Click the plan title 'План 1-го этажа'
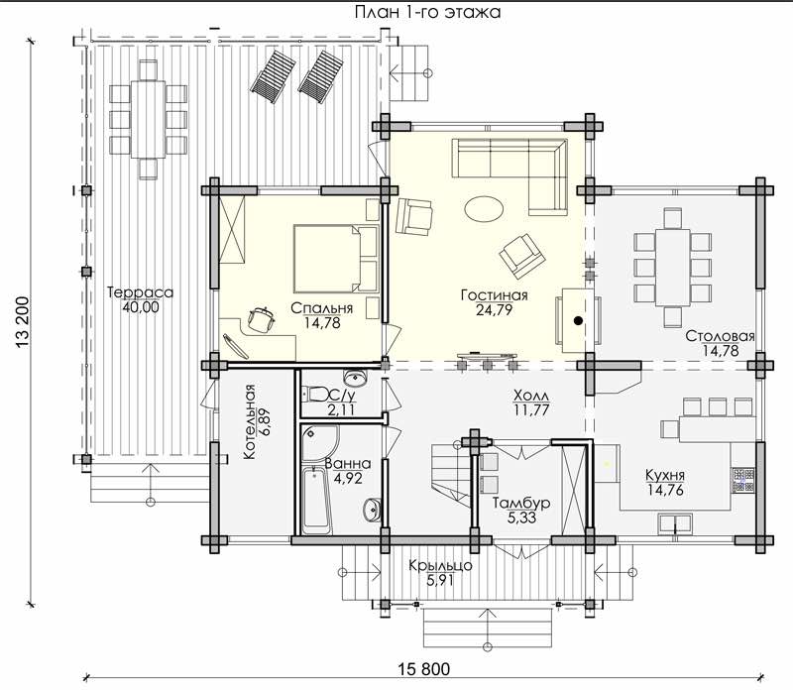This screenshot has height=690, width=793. tap(427, 12)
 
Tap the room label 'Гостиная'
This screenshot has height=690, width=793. tap(494, 294)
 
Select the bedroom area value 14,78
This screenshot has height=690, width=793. tap(322, 323)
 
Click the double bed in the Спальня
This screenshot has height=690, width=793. tap(336, 259)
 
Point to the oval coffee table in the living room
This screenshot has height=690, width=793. tap(484, 208)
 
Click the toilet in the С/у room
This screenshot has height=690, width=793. tap(315, 394)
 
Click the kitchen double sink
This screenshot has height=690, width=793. tap(675, 523)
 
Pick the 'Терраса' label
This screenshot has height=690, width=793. tap(140, 292)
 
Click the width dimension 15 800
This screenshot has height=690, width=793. tap(423, 669)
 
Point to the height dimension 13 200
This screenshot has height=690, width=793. tap(23, 321)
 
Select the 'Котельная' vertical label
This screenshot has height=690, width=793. tap(250, 422)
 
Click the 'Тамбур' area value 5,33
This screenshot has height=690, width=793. tap(521, 518)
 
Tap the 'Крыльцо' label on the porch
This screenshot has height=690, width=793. tap(440, 565)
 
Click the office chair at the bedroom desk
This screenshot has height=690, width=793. tap(261, 318)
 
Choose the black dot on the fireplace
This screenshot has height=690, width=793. tap(578, 320)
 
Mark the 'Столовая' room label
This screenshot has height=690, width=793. tap(720, 336)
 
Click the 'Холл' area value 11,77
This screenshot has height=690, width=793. tap(531, 409)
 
